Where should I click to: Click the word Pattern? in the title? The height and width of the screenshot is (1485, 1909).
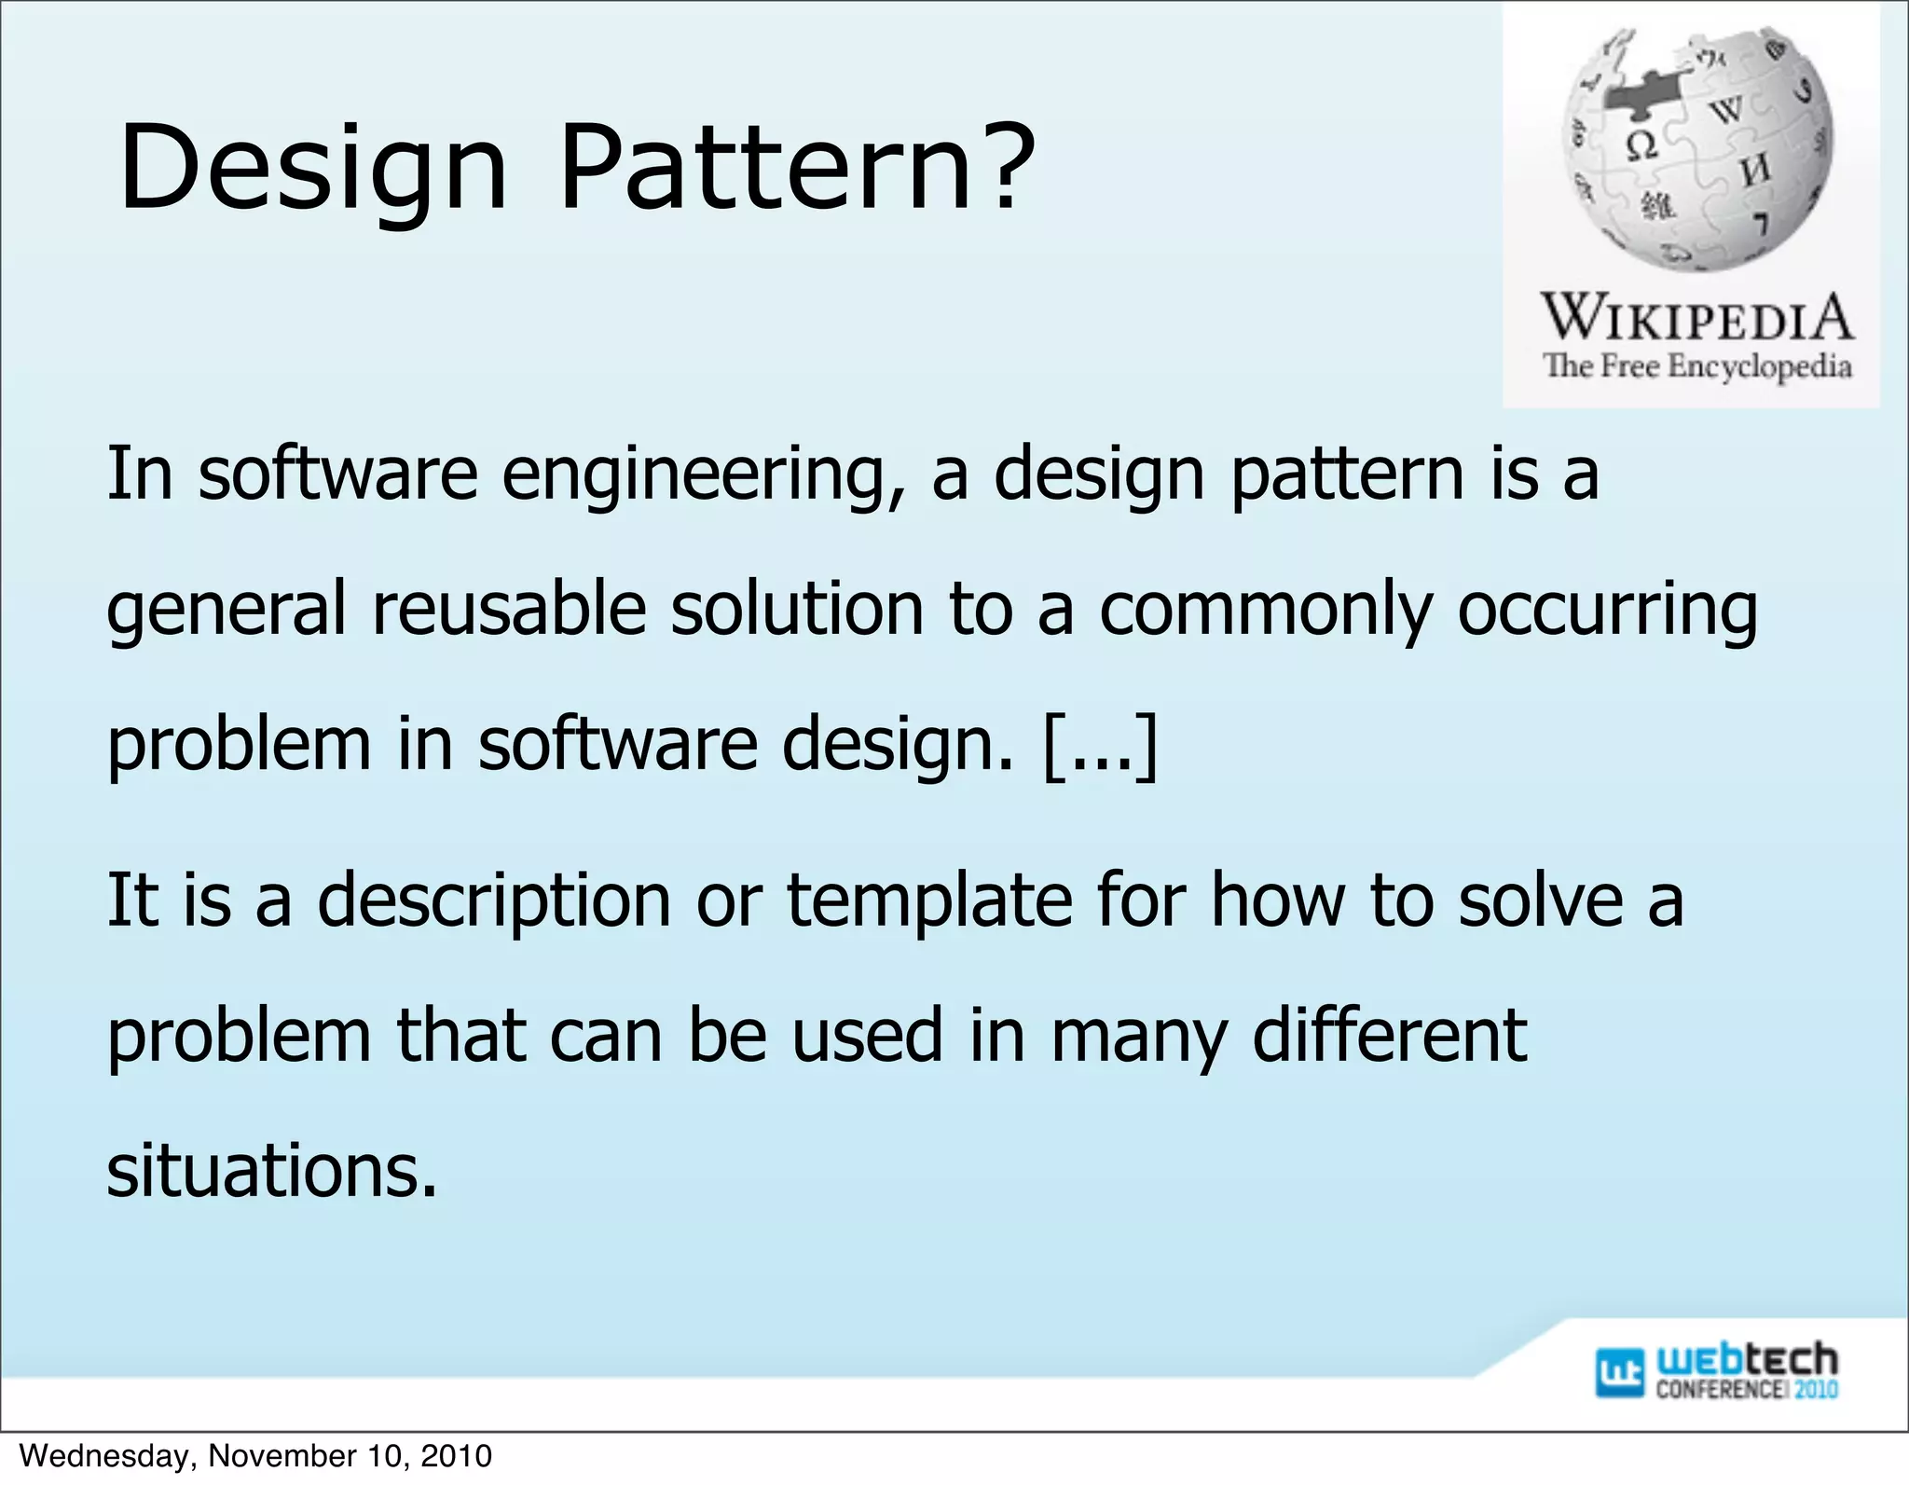click(x=797, y=168)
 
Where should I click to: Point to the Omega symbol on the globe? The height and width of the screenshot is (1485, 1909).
click(x=1641, y=145)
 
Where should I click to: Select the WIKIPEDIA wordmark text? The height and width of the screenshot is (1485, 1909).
click(x=1696, y=317)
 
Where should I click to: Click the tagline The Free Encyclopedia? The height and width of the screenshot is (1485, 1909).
click(x=1696, y=365)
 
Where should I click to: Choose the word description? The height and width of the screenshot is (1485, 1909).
click(x=494, y=902)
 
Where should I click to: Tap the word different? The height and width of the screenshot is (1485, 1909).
click(x=1389, y=1036)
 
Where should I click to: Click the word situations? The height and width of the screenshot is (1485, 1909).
click(x=271, y=1171)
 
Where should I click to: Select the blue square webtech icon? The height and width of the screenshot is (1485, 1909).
click(x=1620, y=1372)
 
